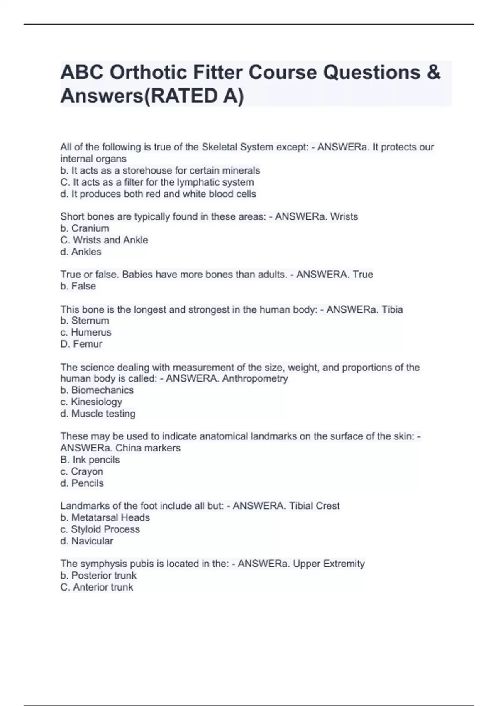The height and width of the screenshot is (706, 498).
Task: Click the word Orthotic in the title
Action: [146, 73]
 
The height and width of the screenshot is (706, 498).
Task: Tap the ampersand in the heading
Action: [433, 73]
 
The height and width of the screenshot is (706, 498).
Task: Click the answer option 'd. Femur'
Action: [81, 344]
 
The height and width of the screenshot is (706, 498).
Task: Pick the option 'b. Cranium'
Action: [85, 228]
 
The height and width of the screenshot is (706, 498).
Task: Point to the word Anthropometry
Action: [255, 378]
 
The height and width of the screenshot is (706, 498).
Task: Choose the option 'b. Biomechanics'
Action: [97, 390]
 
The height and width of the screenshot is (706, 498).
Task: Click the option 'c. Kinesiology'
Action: [91, 402]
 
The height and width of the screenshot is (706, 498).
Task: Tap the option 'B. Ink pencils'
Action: [90, 460]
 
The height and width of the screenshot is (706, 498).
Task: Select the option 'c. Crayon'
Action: [82, 471]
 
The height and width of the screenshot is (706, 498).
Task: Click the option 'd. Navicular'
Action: [87, 541]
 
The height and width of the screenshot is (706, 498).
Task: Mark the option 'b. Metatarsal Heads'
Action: [105, 517]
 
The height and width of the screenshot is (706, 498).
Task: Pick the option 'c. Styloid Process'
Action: [100, 529]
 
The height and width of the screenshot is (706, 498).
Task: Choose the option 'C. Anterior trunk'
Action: [97, 587]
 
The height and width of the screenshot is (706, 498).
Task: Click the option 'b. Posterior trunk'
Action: [98, 576]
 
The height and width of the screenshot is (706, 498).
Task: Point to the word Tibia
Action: [392, 309]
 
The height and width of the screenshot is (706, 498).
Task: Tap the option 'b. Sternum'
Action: [85, 321]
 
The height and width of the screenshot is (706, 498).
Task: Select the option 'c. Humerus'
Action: [86, 332]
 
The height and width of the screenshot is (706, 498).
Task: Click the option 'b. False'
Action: [78, 286]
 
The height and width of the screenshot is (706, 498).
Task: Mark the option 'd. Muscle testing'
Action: [98, 414]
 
